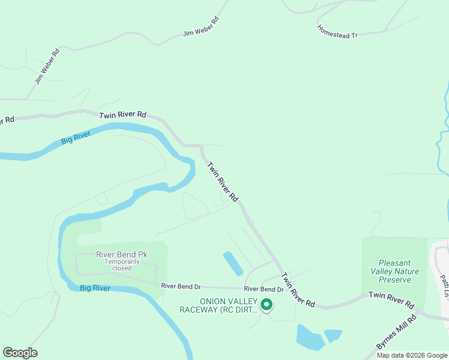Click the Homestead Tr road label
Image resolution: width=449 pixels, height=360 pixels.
click(x=337, y=31)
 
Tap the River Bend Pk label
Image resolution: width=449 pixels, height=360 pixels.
click(x=122, y=254)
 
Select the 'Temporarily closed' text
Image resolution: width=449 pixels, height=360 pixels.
click(x=122, y=265)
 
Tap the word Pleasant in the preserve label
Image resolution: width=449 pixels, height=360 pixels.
click(x=394, y=263)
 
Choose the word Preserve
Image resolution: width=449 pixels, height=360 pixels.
click(x=395, y=280)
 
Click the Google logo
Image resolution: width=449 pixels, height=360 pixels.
click(x=20, y=353)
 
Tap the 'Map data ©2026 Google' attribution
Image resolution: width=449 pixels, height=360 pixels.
click(x=412, y=355)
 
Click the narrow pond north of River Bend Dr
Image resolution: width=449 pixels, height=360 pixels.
click(x=232, y=263)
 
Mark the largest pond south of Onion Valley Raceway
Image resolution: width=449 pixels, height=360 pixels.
click(x=310, y=338)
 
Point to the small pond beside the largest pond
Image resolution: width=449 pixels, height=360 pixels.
click(x=333, y=335)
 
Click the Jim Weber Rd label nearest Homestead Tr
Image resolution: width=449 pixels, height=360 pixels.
click(x=201, y=27)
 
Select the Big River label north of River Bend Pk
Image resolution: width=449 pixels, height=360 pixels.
click(x=76, y=139)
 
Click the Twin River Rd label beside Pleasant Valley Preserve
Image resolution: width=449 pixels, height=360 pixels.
click(x=391, y=296)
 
